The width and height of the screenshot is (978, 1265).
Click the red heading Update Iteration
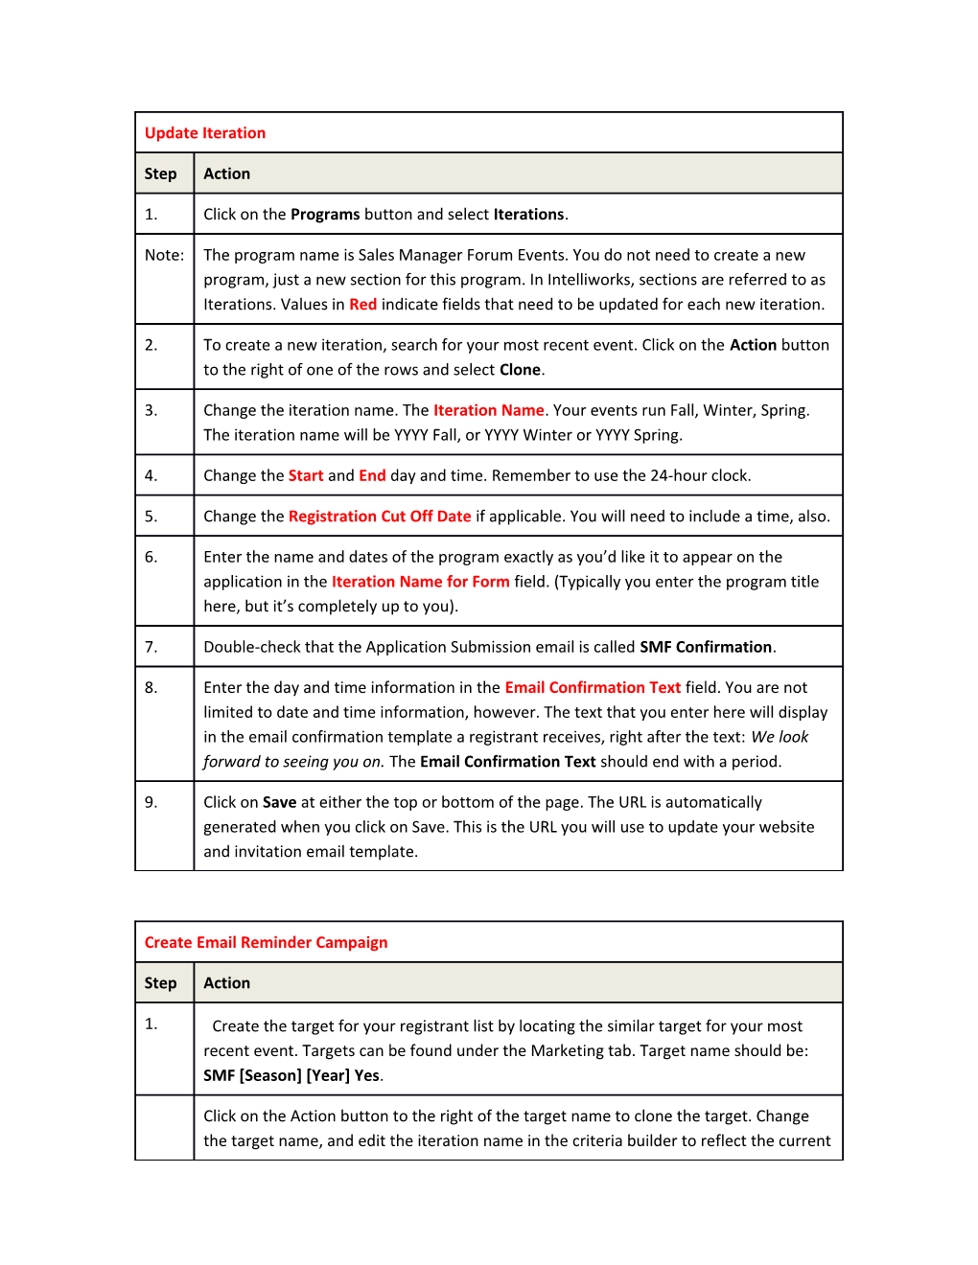click(x=205, y=133)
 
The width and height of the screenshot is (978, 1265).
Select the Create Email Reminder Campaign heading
click(x=266, y=942)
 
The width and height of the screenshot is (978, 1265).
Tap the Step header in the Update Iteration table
click(x=160, y=173)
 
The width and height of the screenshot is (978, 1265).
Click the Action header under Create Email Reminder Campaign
click(x=226, y=983)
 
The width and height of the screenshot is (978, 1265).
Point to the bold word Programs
click(x=325, y=215)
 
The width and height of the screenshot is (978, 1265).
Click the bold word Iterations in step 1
click(x=528, y=215)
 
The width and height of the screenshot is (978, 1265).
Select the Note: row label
click(x=164, y=255)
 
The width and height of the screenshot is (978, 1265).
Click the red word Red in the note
click(x=362, y=305)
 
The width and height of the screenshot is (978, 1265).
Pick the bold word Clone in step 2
click(x=520, y=370)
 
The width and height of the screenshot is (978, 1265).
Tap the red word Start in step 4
click(x=306, y=475)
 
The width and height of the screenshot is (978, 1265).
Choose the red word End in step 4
click(x=372, y=475)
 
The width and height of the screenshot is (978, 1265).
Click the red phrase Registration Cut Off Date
click(x=380, y=517)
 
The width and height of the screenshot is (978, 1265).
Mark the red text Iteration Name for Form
click(x=420, y=582)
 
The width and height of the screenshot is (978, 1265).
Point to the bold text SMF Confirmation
click(x=706, y=647)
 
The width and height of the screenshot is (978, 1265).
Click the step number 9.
click(x=151, y=802)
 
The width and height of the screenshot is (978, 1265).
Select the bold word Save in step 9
click(x=279, y=802)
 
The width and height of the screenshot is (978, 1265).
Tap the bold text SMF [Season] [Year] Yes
click(x=291, y=1075)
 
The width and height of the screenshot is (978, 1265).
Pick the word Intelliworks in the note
click(x=591, y=280)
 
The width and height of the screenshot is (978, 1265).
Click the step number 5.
click(x=151, y=517)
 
